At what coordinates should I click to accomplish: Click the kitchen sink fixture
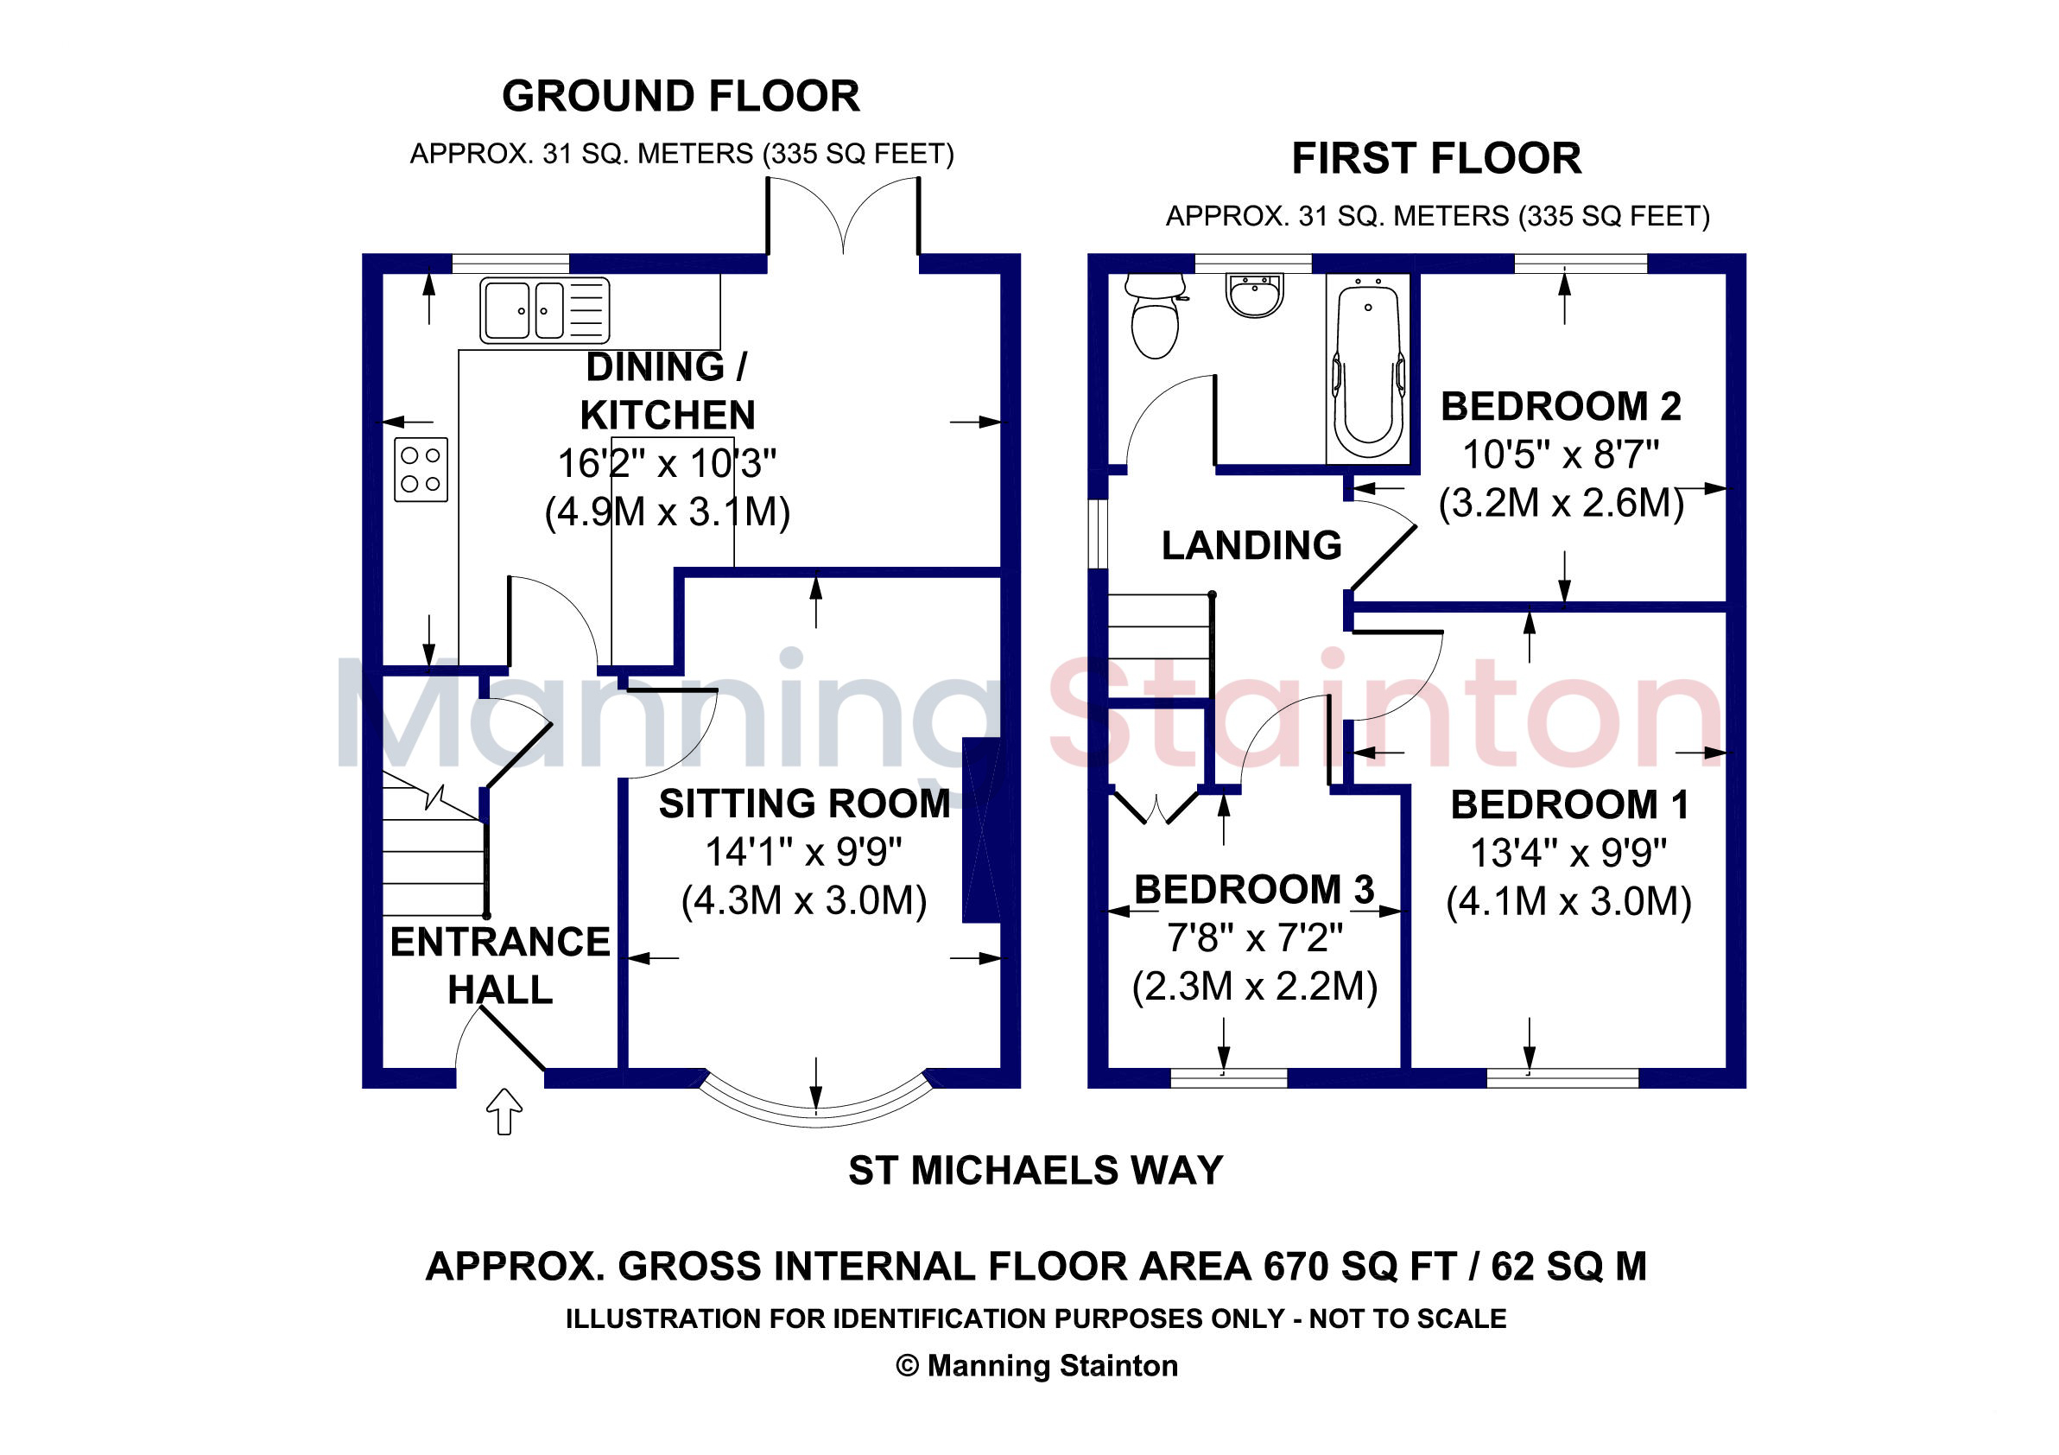pyautogui.click(x=544, y=310)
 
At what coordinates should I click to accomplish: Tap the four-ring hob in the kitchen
pyautogui.click(x=421, y=469)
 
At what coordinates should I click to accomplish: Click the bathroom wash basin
pyautogui.click(x=1255, y=295)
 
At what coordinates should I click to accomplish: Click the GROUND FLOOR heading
pyautogui.click(x=681, y=96)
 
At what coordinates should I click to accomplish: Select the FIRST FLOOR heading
pyautogui.click(x=1435, y=159)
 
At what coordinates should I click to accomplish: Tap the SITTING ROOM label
pyautogui.click(x=804, y=804)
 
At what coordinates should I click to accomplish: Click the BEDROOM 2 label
pyautogui.click(x=1561, y=406)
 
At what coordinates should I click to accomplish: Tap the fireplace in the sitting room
pyautogui.click(x=981, y=829)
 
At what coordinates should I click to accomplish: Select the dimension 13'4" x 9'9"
pyautogui.click(x=1568, y=853)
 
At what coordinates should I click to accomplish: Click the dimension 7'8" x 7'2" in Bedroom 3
pyautogui.click(x=1255, y=938)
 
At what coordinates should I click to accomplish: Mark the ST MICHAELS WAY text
pyautogui.click(x=1036, y=1171)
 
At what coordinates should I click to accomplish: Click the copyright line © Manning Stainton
pyautogui.click(x=1036, y=1365)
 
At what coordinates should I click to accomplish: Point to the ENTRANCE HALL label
pyautogui.click(x=499, y=966)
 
